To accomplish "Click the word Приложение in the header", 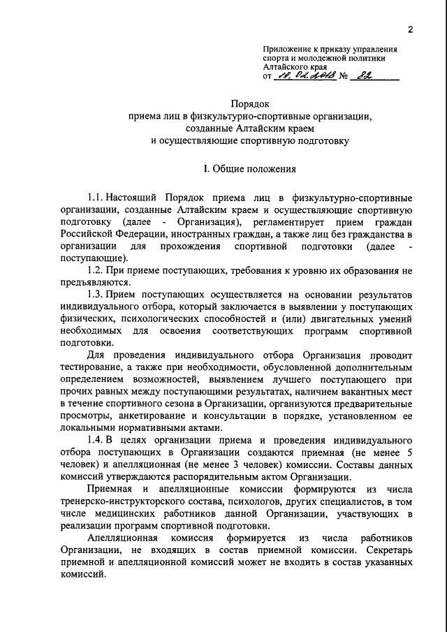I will click(x=287, y=50).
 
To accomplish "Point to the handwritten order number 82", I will click(x=381, y=78).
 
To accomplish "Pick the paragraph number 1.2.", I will click(x=96, y=270).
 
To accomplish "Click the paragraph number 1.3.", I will click(x=96, y=294).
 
